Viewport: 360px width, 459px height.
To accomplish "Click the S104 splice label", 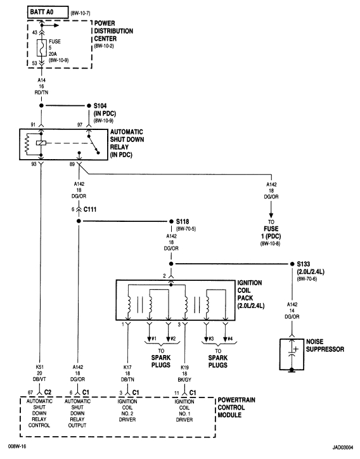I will [x=101, y=106].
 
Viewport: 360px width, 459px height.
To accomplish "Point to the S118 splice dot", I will [x=169, y=222].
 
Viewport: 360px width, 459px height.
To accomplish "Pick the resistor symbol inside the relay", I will [x=28, y=146].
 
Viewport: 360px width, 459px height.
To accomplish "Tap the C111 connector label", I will [x=92, y=209].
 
